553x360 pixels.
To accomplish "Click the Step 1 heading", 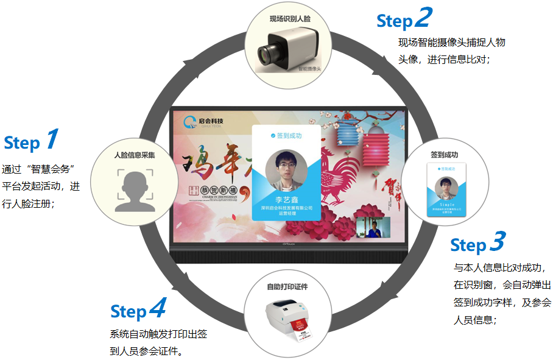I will tap(31, 141).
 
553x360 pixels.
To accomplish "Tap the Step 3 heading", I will tap(477, 244).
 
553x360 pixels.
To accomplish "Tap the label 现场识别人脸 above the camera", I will tap(290, 19).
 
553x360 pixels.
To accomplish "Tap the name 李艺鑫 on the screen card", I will tap(286, 199).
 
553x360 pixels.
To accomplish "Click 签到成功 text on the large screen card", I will tap(289, 136).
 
